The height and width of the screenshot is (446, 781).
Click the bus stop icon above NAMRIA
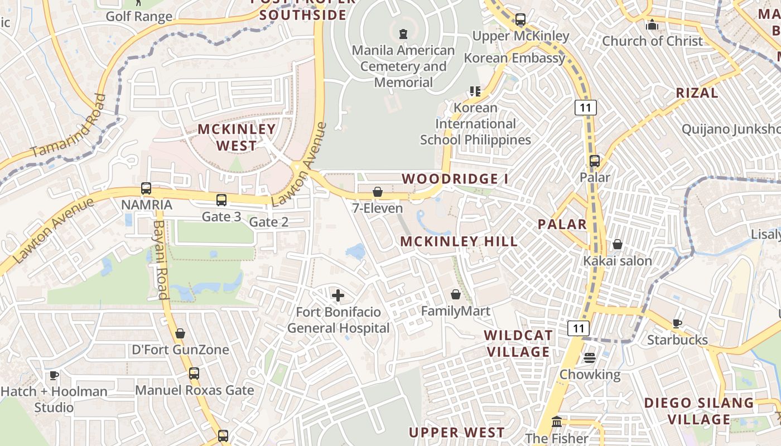[146, 188]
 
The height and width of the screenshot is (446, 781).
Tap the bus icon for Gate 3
[221, 200]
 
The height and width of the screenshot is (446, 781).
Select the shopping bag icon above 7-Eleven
[378, 192]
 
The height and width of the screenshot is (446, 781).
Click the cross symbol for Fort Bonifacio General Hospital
[338, 295]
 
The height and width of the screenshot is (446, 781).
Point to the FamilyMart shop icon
[456, 294]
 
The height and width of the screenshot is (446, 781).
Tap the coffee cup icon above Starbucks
[677, 323]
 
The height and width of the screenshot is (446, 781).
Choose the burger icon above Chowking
[590, 358]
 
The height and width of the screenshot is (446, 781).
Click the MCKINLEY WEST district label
[237, 137]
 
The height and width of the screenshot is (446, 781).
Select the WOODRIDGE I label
[455, 179]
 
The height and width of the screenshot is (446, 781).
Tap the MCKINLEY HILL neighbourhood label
[459, 241]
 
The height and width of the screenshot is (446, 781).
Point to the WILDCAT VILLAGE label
[519, 343]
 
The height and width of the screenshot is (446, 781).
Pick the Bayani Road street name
[161, 260]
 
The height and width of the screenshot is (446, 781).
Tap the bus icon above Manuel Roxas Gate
[194, 374]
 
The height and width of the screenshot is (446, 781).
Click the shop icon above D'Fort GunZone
[180, 333]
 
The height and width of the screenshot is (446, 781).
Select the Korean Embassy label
[514, 58]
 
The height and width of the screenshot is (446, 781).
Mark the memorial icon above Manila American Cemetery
[403, 34]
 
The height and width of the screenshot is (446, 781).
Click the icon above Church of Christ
[652, 25]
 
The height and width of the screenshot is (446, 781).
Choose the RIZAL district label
[697, 93]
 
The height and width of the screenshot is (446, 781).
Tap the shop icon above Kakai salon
[618, 244]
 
